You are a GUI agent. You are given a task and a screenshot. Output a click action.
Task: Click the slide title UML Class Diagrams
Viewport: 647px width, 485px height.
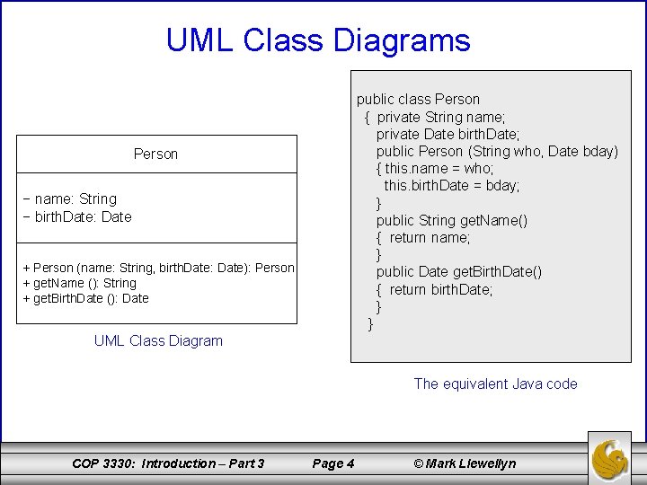click(318, 40)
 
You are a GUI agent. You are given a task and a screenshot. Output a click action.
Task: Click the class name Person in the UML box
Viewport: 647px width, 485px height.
click(155, 154)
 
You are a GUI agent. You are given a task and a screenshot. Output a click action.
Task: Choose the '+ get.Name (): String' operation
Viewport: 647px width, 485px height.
click(79, 283)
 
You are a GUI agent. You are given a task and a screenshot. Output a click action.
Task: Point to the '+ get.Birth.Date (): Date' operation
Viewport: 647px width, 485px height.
click(85, 298)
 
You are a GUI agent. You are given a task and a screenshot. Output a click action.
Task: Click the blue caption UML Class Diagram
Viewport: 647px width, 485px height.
click(158, 340)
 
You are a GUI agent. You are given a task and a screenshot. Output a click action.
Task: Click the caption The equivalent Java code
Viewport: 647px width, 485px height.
click(495, 384)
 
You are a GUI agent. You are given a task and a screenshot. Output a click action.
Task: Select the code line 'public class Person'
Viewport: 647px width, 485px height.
click(418, 99)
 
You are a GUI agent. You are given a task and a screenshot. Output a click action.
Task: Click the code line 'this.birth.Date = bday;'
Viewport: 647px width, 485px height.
click(452, 185)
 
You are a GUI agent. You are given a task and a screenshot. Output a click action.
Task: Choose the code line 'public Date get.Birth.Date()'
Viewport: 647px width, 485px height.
click(458, 271)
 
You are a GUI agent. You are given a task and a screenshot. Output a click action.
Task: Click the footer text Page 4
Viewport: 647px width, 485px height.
click(332, 463)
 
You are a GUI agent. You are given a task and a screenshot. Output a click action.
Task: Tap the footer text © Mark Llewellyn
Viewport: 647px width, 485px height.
click(465, 463)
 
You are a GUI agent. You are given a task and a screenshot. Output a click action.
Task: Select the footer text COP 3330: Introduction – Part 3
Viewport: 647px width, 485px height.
click(168, 463)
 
